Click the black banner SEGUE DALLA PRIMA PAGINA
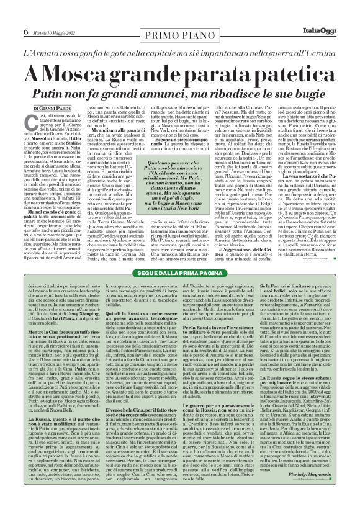click(x=179, y=291)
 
